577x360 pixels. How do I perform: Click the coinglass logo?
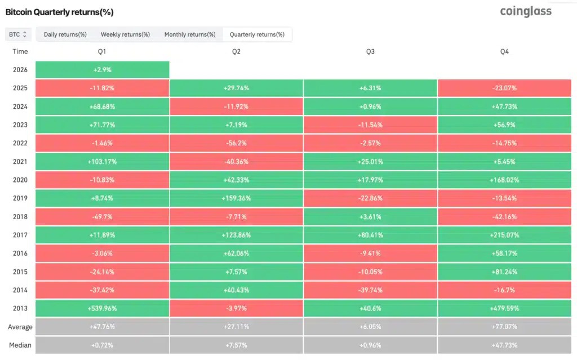click(x=526, y=11)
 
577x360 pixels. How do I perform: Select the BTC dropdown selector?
click(x=18, y=34)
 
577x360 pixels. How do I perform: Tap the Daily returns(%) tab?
click(x=65, y=34)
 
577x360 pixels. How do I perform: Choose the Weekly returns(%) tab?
click(x=125, y=34)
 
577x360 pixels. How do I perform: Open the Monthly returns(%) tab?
click(x=190, y=34)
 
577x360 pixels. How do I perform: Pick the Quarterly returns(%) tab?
click(x=257, y=34)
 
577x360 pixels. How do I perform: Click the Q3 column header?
click(x=370, y=51)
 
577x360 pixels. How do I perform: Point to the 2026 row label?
click(x=20, y=69)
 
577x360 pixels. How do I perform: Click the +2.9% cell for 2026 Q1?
click(x=103, y=69)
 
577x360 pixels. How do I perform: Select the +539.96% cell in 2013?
click(x=103, y=309)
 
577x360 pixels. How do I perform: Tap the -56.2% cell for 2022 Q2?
click(x=236, y=143)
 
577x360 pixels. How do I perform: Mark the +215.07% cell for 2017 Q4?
click(x=504, y=235)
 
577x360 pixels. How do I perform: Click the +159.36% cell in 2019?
click(x=236, y=198)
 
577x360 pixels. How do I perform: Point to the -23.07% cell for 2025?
click(x=504, y=88)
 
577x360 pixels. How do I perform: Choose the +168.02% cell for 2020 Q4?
click(x=504, y=180)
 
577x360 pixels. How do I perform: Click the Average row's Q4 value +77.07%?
click(x=504, y=327)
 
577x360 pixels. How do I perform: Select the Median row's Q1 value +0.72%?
click(x=103, y=345)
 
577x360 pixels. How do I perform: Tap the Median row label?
click(x=20, y=345)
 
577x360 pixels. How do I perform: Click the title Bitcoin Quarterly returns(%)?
click(x=59, y=12)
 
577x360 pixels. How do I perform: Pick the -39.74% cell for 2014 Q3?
click(x=370, y=290)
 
